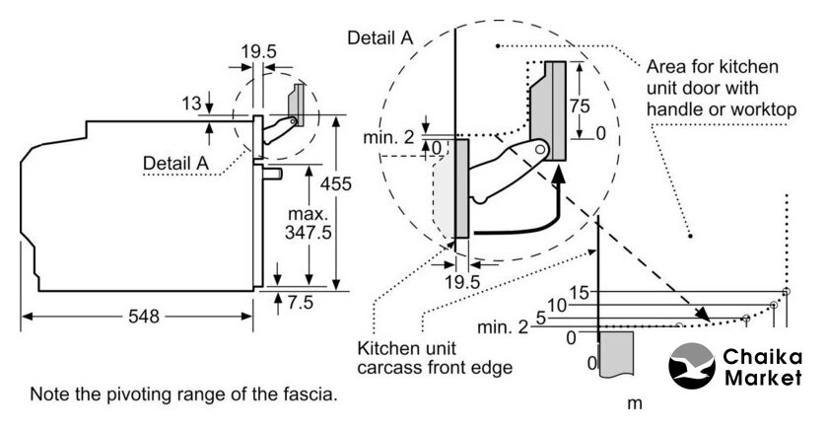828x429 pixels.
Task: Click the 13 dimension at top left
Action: coord(191,102)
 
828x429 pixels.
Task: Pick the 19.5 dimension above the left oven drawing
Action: coord(258,48)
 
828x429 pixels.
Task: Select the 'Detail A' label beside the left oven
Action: coord(175,162)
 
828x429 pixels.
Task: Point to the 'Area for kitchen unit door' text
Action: coord(721,89)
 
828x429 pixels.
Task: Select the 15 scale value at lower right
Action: coord(580,292)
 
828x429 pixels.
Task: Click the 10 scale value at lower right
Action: coord(557,306)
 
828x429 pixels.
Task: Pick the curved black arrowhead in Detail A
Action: coord(559,174)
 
